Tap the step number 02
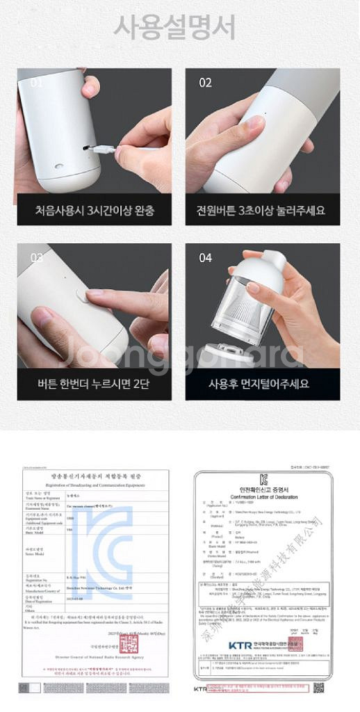pos(205,83)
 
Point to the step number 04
pos(205,258)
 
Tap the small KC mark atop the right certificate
pos(264,479)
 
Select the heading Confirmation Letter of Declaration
pos(264,495)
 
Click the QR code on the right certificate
pos(318,688)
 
